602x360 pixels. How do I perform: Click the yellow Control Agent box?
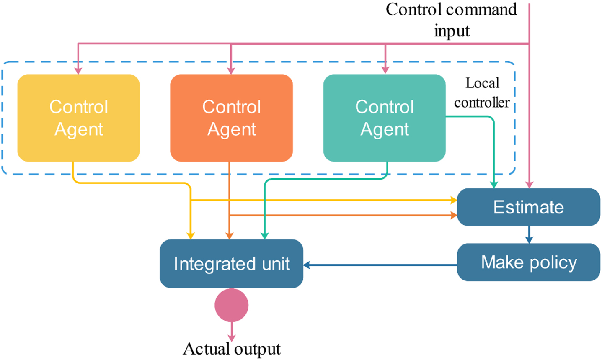click(78, 118)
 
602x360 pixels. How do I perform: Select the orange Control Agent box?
click(231, 118)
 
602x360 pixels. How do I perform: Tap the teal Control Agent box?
click(384, 118)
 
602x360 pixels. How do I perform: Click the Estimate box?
click(529, 207)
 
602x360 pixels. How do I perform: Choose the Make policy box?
click(529, 262)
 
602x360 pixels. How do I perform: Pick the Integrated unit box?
click(231, 264)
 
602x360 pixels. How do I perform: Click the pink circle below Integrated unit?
click(231, 305)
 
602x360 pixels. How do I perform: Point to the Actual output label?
click(232, 349)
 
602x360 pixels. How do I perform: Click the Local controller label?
click(482, 93)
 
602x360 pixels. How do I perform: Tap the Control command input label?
click(452, 20)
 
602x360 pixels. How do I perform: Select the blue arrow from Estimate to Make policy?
click(529, 235)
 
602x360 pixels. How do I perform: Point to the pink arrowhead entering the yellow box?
click(78, 71)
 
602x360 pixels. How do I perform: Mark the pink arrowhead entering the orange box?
click(231, 71)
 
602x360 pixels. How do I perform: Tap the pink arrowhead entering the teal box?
click(385, 70)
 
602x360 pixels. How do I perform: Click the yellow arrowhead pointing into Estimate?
click(454, 200)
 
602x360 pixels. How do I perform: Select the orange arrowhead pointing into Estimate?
click(454, 215)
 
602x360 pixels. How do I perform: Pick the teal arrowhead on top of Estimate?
click(494, 185)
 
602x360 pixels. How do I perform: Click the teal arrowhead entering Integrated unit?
click(265, 236)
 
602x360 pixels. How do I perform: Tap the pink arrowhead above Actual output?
click(232, 338)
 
